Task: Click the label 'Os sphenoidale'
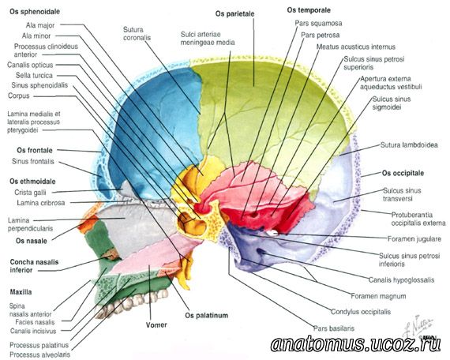[x=35, y=12]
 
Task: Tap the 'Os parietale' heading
[x=234, y=13]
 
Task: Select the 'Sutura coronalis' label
[x=137, y=34]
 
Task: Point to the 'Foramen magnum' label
[x=378, y=296]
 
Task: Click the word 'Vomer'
[x=156, y=325]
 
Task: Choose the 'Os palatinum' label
[x=207, y=316]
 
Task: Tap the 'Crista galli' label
[x=30, y=193]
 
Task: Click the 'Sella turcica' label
[x=34, y=76]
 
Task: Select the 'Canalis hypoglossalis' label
[x=401, y=280]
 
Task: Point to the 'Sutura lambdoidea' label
[x=409, y=145]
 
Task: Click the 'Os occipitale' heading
[x=403, y=173]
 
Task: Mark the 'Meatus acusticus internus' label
[x=356, y=47]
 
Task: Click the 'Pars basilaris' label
[x=334, y=328]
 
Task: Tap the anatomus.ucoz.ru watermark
[x=355, y=344]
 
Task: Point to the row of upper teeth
[x=130, y=304]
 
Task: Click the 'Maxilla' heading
[x=21, y=292]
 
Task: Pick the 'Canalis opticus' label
[x=30, y=65]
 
